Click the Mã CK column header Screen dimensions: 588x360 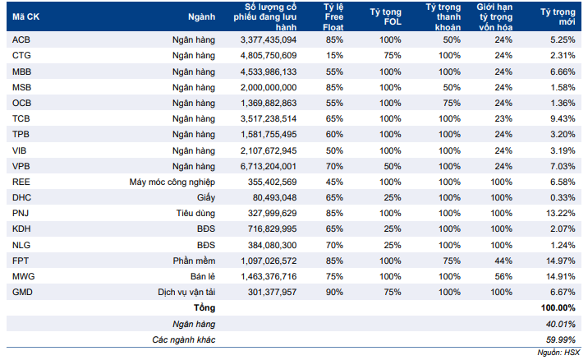tap(25, 17)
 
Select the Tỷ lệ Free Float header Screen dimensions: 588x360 tap(333, 17)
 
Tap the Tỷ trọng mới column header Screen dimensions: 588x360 tap(558, 17)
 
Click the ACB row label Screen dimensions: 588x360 tap(21, 39)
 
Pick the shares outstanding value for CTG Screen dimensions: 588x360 tap(269, 56)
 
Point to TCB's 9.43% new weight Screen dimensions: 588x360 tap(563, 118)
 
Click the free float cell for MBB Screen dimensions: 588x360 tap(334, 72)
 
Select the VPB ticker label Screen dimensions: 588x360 tap(21, 166)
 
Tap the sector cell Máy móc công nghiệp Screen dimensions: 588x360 tap(172, 182)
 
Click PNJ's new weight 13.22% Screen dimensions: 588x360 tap(561, 213)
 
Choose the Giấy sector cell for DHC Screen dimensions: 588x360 tap(206, 198)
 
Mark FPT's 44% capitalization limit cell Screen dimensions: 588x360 tap(503, 261)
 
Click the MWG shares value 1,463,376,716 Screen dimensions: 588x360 tap(269, 277)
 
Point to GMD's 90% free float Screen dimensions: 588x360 tap(334, 292)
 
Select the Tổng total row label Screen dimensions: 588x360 tap(204, 308)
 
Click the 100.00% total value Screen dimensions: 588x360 tap(558, 308)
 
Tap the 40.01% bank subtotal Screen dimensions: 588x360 tap(561, 324)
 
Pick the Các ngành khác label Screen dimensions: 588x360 tap(184, 339)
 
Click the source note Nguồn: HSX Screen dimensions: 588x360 tap(558, 353)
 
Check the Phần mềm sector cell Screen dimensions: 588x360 tap(194, 261)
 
